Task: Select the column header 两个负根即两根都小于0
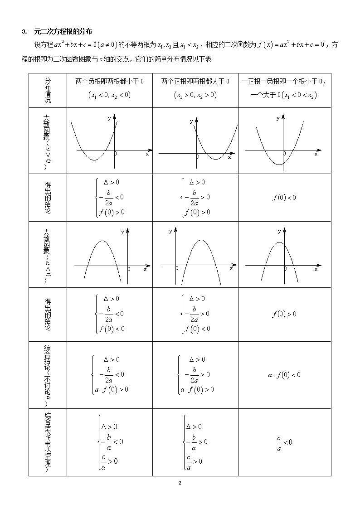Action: click(109, 81)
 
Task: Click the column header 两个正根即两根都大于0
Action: click(195, 81)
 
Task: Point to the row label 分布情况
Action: click(48, 90)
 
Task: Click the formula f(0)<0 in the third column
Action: click(284, 197)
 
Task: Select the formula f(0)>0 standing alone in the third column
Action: click(284, 314)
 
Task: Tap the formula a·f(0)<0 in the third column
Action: click(284, 375)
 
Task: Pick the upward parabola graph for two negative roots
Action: click(109, 140)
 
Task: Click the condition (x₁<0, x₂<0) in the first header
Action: click(109, 95)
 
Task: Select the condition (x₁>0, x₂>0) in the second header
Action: click(195, 95)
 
